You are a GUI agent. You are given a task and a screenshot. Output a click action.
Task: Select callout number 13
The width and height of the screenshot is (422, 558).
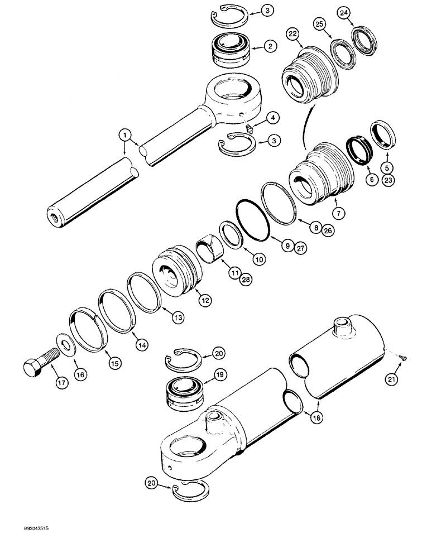coord(178,318)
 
